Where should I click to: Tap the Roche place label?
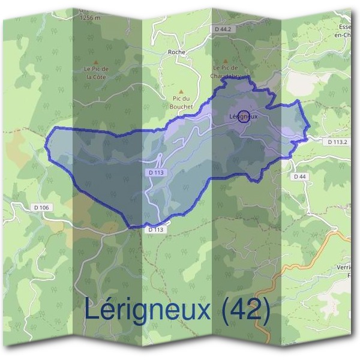177,52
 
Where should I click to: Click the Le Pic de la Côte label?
95,73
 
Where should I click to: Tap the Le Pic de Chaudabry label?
226,72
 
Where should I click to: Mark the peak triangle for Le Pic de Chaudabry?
226,61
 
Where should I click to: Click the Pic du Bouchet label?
181,101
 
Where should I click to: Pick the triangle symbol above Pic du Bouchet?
181,91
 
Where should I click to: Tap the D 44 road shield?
300,176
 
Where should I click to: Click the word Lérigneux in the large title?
148,310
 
